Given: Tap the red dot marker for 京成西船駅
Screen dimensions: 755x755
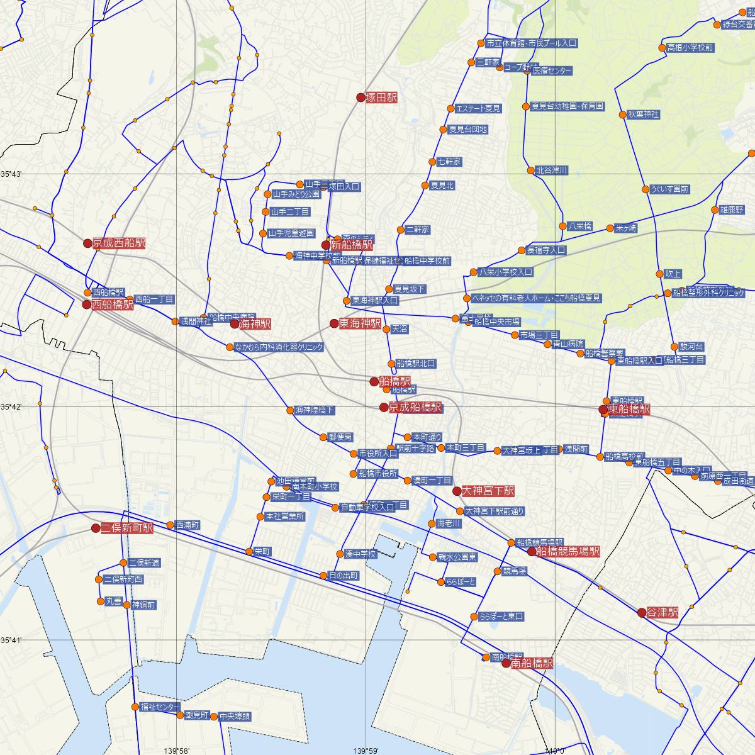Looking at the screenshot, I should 87,243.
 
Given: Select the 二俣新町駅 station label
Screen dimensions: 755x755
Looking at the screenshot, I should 127,528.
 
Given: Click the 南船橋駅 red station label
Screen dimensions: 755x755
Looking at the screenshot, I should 532,663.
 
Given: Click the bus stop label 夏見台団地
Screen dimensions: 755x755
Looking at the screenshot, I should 467,130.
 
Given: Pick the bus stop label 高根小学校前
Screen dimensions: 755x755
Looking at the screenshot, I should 690,47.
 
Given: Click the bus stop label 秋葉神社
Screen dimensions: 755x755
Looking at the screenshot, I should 643,115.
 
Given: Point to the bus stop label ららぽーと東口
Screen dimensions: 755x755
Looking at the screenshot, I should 501,617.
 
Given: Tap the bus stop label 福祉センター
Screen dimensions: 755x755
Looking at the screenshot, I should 160,707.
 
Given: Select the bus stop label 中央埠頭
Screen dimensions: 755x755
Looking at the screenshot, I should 235,716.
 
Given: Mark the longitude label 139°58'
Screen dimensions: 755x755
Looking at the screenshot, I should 177,750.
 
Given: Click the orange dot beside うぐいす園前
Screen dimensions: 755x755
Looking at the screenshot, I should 646,189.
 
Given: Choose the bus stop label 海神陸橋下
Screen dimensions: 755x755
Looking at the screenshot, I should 315,410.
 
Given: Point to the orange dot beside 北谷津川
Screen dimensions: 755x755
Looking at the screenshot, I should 530,170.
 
